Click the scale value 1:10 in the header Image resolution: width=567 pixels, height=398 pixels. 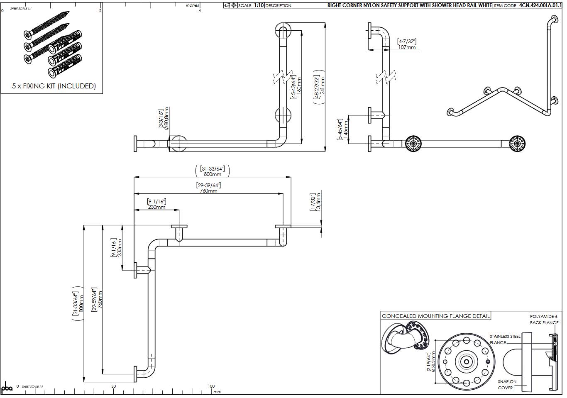pos(258,5)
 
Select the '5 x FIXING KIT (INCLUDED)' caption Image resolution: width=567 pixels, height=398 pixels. pos(54,86)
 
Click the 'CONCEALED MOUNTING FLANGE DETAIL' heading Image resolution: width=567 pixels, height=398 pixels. pos(435,316)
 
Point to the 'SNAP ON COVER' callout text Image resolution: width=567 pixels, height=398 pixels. pos(507,384)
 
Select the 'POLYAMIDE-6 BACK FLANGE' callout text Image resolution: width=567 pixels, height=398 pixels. pos(544,319)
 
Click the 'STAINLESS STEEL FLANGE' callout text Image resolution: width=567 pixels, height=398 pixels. pos(504,339)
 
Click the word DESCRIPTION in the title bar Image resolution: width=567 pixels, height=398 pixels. pos(278,5)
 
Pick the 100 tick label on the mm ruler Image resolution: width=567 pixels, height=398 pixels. pos(211,386)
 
